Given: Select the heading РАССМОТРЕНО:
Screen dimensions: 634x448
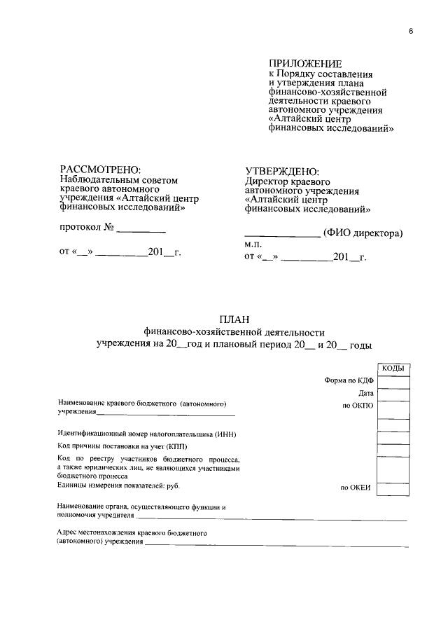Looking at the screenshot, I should [100, 170].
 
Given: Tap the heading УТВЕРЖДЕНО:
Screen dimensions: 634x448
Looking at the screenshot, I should [282, 172].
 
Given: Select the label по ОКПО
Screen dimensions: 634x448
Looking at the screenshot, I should [358, 406].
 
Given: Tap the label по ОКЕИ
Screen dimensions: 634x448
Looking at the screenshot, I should [356, 488].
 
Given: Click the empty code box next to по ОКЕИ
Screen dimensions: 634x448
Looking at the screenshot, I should [393, 488].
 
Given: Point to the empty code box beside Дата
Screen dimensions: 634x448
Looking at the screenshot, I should [393, 394].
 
